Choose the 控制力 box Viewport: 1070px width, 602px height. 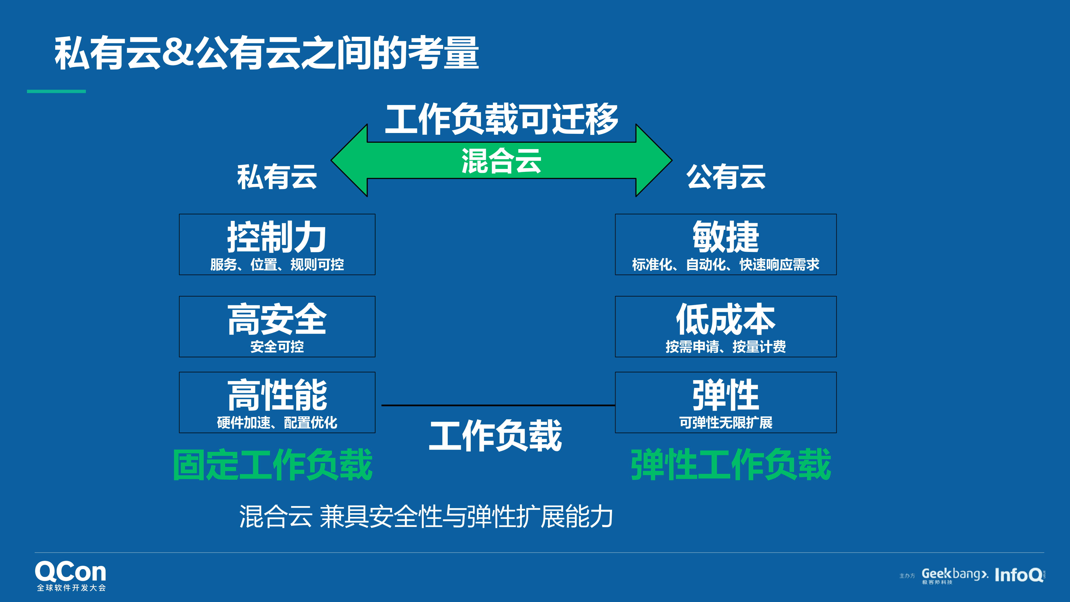tap(277, 244)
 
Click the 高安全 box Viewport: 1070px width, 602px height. tap(277, 327)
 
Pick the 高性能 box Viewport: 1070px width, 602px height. tap(277, 402)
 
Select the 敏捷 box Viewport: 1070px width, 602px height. tap(726, 244)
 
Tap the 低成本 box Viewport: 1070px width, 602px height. tap(726, 327)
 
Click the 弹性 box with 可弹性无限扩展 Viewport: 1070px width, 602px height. tap(726, 402)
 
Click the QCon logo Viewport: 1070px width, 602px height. tap(71, 575)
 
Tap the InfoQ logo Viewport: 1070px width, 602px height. tap(1019, 575)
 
